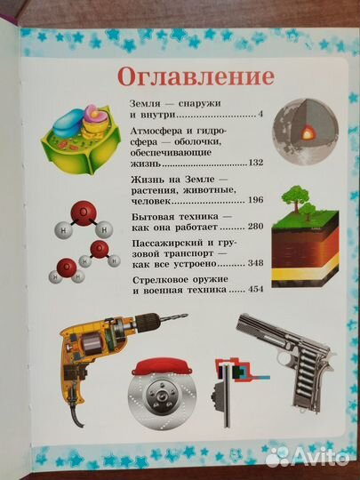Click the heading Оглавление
pyautogui.click(x=180, y=75)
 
